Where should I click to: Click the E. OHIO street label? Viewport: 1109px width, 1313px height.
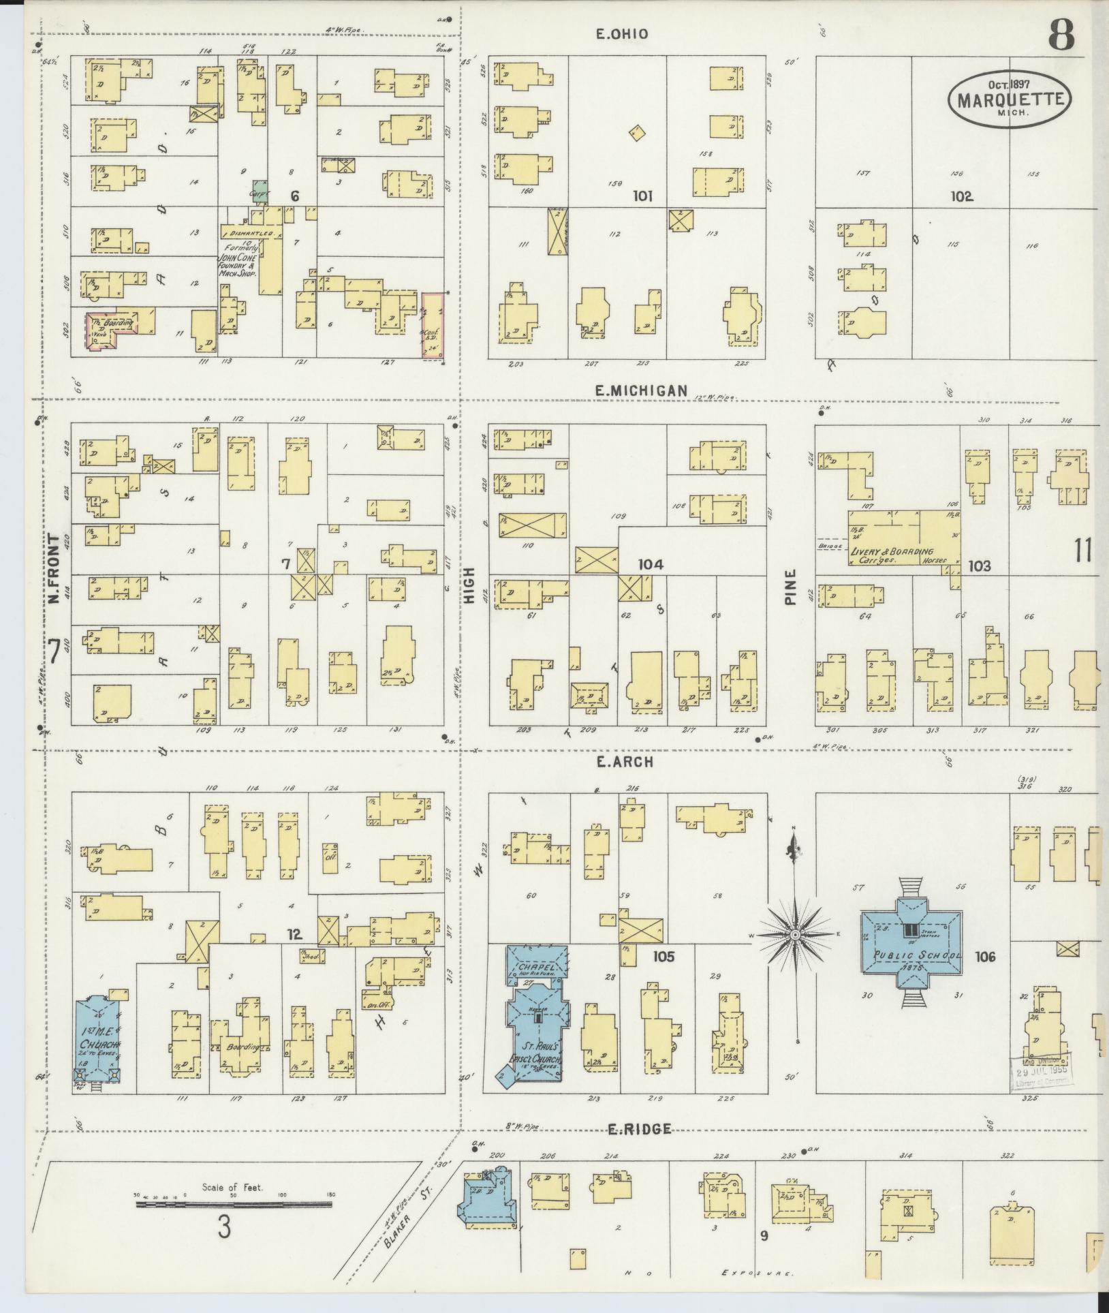click(621, 34)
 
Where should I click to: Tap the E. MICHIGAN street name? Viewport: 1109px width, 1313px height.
click(640, 390)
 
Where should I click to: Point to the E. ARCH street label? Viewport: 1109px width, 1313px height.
click(625, 762)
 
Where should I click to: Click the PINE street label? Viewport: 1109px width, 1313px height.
click(790, 588)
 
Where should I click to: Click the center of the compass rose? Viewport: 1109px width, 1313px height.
click(794, 936)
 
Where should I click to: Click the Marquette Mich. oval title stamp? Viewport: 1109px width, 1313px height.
click(1009, 100)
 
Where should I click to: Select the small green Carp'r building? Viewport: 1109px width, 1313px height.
click(259, 187)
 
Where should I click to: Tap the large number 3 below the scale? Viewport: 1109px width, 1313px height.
click(224, 1228)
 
